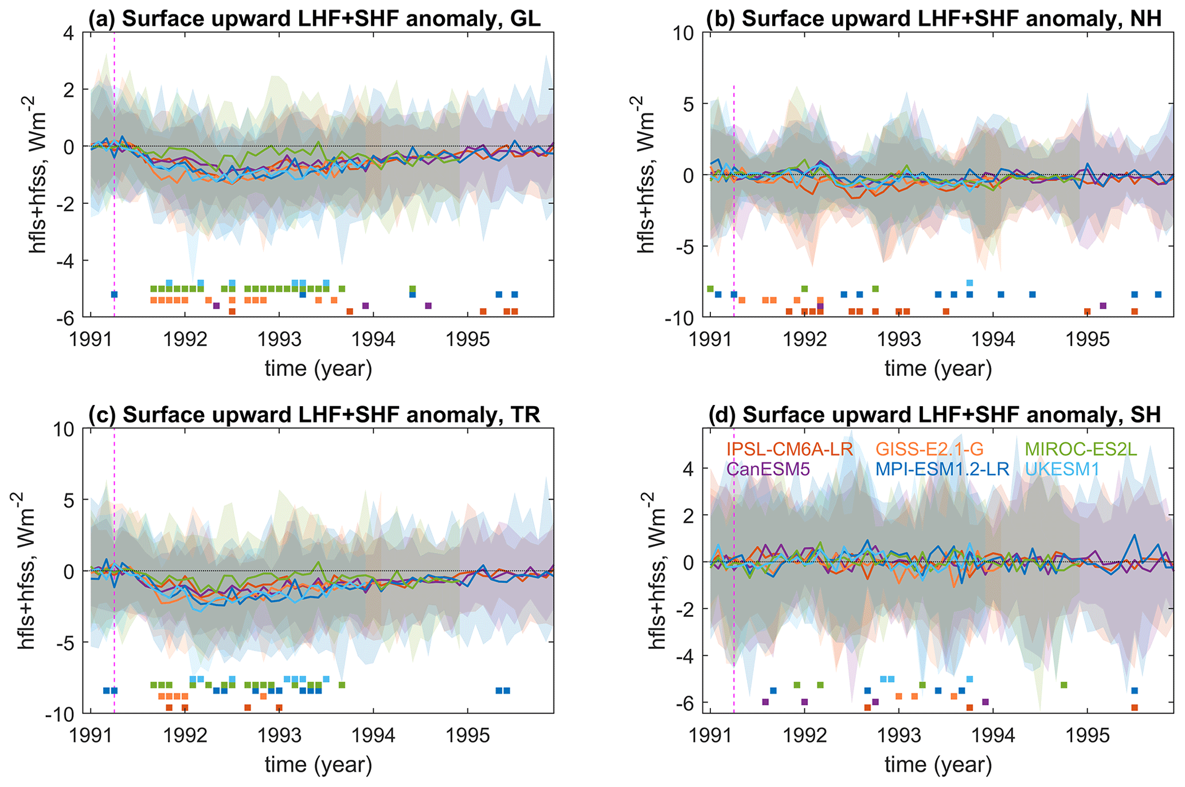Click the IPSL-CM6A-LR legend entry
[789, 448]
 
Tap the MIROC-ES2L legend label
[1081, 448]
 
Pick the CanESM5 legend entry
[768, 469]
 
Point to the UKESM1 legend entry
[1062, 469]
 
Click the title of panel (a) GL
[314, 18]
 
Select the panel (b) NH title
[934, 18]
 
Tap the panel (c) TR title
[314, 414]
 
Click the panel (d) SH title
[934, 414]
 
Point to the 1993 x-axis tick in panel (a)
[279, 339]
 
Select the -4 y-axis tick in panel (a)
[69, 261]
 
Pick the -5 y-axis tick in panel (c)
[69, 643]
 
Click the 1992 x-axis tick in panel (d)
[805, 735]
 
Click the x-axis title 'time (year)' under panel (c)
[318, 764]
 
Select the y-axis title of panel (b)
[647, 175]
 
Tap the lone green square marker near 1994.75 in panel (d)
[1064, 685]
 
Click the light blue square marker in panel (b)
[969, 283]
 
